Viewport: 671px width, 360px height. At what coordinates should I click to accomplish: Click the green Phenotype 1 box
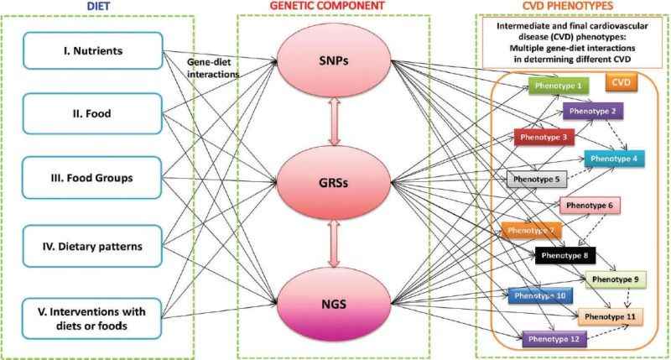pos(559,86)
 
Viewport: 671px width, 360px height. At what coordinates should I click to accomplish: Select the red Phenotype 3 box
pos(543,136)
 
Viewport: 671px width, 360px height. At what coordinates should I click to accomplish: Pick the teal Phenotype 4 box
pos(615,158)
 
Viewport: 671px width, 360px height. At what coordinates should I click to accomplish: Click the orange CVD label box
pos(622,84)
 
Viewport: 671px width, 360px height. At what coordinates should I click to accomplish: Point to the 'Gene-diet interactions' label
pos(213,66)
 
